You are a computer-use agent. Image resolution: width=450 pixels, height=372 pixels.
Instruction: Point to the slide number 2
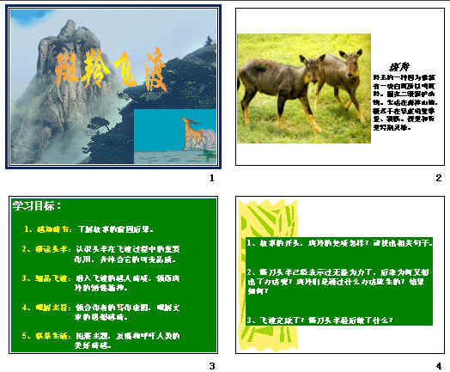pyautogui.click(x=438, y=178)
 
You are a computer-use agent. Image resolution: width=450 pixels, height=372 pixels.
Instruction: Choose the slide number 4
pyautogui.click(x=438, y=366)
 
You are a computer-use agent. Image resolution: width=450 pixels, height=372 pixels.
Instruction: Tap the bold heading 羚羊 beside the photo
pyautogui.click(x=398, y=67)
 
